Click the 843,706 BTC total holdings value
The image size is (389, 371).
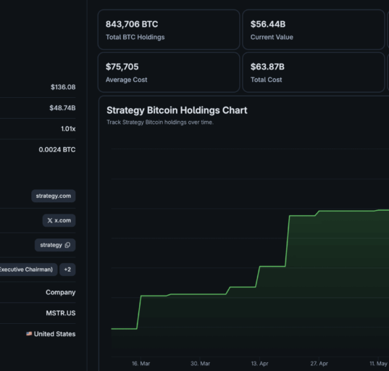click(x=132, y=24)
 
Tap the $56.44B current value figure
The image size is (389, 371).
click(x=268, y=24)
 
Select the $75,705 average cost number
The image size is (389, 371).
click(x=122, y=67)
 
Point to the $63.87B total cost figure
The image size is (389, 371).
click(x=267, y=67)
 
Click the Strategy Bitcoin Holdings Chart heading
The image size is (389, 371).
click(x=177, y=110)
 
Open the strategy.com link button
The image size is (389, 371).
click(x=54, y=196)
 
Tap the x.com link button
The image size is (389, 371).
click(x=59, y=220)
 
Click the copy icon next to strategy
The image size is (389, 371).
click(x=67, y=245)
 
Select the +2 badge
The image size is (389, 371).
click(x=67, y=270)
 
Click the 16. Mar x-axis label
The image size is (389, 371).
click(x=141, y=364)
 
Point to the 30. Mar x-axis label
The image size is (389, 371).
click(x=200, y=364)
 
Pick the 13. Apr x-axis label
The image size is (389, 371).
click(x=259, y=364)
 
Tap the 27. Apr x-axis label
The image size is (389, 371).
click(x=319, y=364)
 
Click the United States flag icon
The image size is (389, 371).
click(x=29, y=334)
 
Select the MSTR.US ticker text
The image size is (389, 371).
click(x=61, y=313)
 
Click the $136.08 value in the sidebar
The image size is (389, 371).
click(x=63, y=87)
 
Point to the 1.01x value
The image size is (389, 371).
click(x=68, y=129)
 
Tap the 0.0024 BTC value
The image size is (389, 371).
click(x=57, y=150)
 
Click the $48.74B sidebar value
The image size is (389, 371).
click(x=62, y=108)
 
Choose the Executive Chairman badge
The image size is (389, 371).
click(x=28, y=270)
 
